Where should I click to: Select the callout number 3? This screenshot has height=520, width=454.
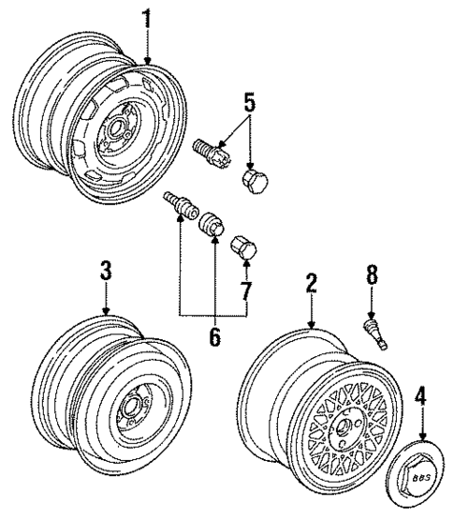coord(106,271)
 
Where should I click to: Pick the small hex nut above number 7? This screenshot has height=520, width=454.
coord(242,247)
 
